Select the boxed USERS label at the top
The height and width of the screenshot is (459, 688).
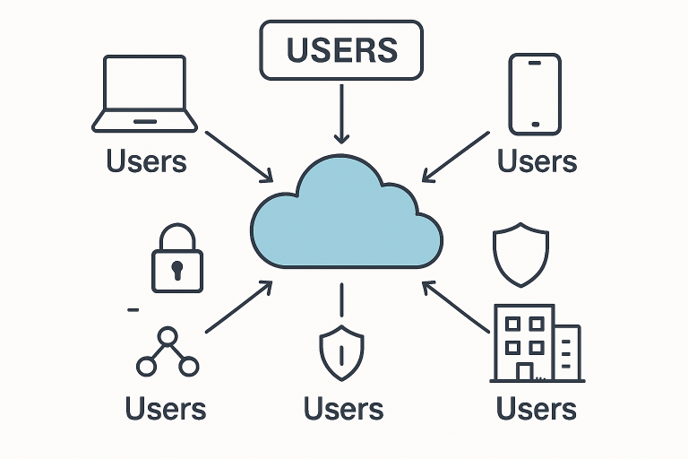coord(340,49)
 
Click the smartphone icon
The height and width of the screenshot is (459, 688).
coord(535,93)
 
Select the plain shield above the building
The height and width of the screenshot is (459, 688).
coord(520,251)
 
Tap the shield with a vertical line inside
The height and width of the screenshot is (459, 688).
coord(341,351)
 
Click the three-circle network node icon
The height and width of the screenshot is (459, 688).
coord(167,352)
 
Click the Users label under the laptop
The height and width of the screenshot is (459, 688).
coord(146,161)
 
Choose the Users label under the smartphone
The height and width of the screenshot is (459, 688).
coord(537,161)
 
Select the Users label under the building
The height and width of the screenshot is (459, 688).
coord(536,409)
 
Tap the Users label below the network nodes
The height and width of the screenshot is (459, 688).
coord(166,409)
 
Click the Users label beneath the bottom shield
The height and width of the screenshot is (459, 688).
coord(343,409)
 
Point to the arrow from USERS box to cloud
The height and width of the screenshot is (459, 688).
coord(340,112)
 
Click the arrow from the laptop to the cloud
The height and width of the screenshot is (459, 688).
coord(239,155)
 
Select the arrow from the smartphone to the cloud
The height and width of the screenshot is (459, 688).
coord(455,155)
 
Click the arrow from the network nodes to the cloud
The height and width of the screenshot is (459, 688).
coord(239,307)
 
